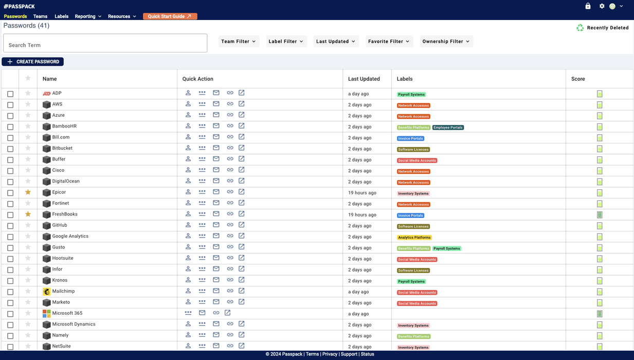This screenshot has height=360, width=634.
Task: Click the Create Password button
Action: pyautogui.click(x=33, y=62)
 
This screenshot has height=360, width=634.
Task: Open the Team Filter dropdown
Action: pyautogui.click(x=239, y=41)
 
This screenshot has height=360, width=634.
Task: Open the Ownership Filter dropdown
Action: pyautogui.click(x=446, y=41)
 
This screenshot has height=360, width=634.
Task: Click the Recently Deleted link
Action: pyautogui.click(x=603, y=28)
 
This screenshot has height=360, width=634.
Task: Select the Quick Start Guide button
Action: pyautogui.click(x=170, y=16)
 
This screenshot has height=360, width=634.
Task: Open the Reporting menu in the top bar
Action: pyautogui.click(x=88, y=16)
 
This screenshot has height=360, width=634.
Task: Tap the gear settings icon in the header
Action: pyautogui.click(x=602, y=6)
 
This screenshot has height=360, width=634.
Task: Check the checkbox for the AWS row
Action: pyautogui.click(x=10, y=105)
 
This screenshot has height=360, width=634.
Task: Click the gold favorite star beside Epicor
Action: pyautogui.click(x=28, y=192)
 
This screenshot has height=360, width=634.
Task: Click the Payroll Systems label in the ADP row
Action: pyautogui.click(x=411, y=95)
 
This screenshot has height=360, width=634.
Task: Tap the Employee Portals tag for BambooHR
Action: pyautogui.click(x=448, y=128)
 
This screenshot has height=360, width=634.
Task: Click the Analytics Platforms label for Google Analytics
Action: pyautogui.click(x=414, y=238)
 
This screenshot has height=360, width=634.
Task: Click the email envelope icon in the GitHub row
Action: pyautogui.click(x=216, y=225)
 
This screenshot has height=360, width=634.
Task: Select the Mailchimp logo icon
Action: pyautogui.click(x=47, y=292)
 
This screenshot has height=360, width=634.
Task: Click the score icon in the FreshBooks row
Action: pyautogui.click(x=600, y=215)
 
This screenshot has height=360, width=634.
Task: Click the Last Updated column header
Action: pyautogui.click(x=364, y=79)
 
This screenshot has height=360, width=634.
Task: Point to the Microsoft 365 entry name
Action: pyautogui.click(x=67, y=313)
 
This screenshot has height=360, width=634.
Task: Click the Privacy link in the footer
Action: pyautogui.click(x=330, y=354)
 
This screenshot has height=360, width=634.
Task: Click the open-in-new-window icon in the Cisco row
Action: pyautogui.click(x=241, y=170)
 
